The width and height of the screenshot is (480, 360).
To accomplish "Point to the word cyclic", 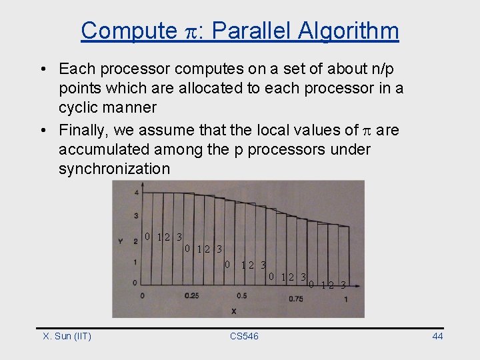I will pyautogui.click(x=80, y=107).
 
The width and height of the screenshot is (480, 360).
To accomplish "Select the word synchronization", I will pyautogui.click(x=114, y=169).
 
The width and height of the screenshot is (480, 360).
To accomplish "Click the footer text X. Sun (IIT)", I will pyautogui.click(x=67, y=336).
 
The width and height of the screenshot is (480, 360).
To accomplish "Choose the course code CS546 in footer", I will pyautogui.click(x=244, y=336).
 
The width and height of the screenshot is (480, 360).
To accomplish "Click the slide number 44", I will pyautogui.click(x=437, y=336).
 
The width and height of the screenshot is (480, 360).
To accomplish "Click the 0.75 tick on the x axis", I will pyautogui.click(x=295, y=299).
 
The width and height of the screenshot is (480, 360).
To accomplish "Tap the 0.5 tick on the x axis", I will pyautogui.click(x=241, y=295).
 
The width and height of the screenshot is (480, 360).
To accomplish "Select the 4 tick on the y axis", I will pyautogui.click(x=136, y=193).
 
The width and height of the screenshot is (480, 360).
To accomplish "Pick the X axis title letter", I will pyautogui.click(x=234, y=311).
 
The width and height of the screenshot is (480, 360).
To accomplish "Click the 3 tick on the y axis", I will pyautogui.click(x=136, y=216).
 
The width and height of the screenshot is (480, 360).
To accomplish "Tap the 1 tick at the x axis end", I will pyautogui.click(x=345, y=299).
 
